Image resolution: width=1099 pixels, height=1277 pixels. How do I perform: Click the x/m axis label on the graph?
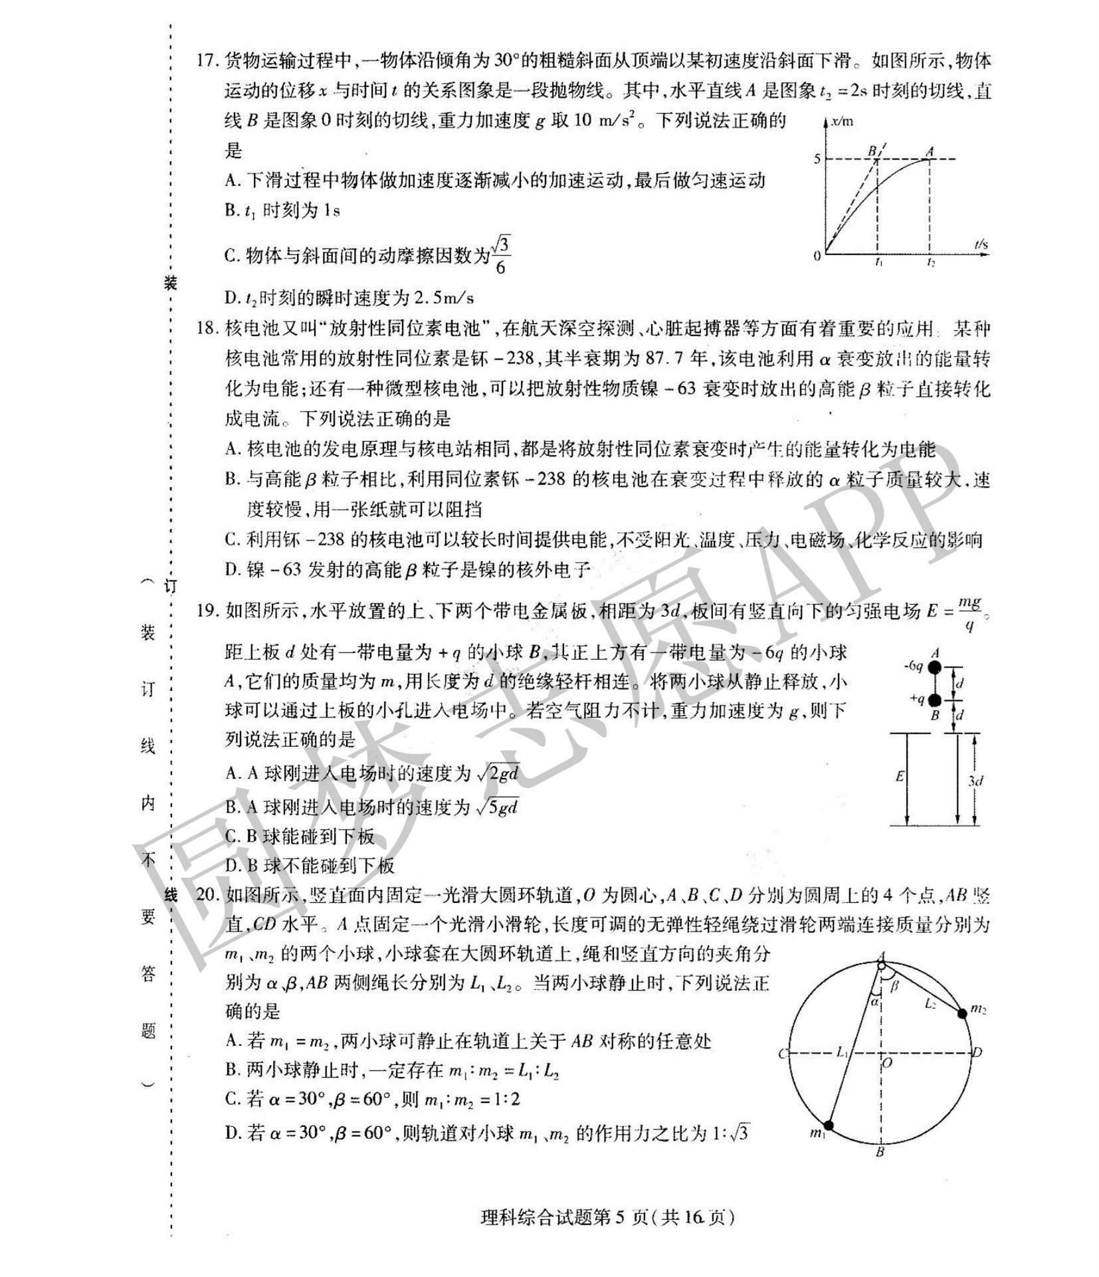point(841,123)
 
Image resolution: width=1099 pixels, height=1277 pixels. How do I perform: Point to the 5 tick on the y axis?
point(817,159)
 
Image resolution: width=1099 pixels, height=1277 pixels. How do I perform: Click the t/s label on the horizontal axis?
point(981,245)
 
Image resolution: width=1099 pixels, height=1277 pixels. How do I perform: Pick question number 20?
point(207,896)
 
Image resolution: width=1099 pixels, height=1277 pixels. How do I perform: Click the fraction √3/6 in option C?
point(500,256)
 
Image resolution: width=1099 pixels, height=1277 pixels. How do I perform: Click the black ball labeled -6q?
point(935,667)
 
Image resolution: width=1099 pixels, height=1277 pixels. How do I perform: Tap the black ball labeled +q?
point(935,700)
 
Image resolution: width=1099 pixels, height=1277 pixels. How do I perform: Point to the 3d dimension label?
point(975,781)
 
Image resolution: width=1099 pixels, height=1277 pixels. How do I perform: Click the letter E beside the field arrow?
point(900,776)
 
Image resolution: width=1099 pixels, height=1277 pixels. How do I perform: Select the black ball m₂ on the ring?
point(961,1013)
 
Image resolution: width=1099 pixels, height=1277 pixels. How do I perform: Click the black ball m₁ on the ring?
point(828,1126)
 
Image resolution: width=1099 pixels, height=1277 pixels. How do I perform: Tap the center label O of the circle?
point(888,1064)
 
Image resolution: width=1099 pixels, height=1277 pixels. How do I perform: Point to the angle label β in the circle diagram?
point(894,987)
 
